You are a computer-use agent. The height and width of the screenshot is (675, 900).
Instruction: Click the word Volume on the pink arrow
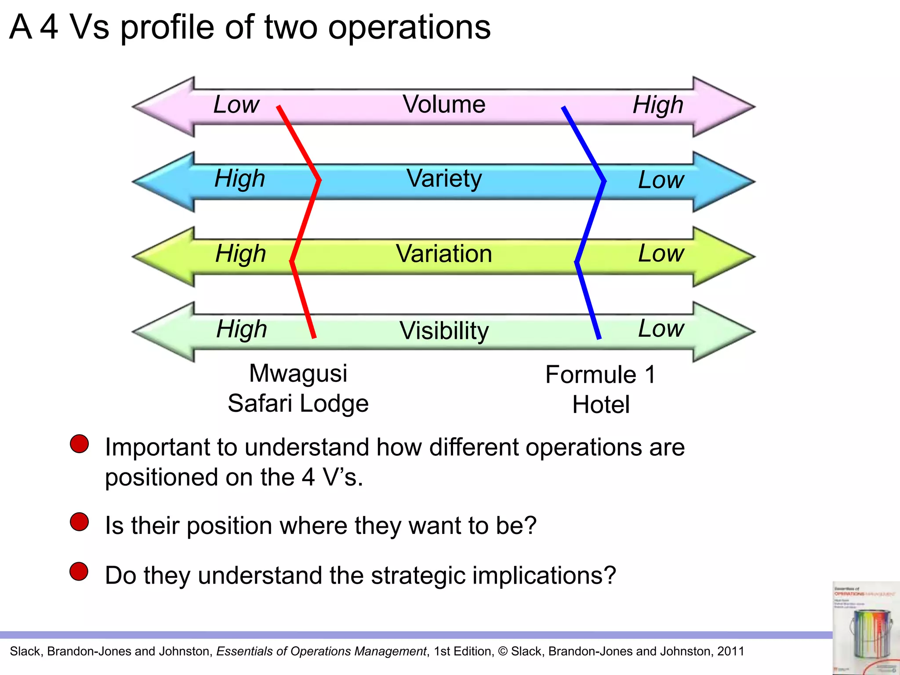click(444, 105)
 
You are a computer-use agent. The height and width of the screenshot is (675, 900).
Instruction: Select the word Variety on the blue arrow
click(444, 179)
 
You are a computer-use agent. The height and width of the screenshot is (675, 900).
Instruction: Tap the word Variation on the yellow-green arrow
click(444, 254)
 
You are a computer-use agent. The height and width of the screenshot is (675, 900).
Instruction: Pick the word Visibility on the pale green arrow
click(444, 330)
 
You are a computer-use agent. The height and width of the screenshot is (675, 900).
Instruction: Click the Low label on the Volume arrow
click(236, 105)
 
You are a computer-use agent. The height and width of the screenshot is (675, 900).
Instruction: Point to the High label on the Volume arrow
click(658, 105)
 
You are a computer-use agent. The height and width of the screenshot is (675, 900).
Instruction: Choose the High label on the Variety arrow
click(240, 179)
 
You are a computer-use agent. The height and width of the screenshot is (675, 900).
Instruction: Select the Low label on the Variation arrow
click(661, 254)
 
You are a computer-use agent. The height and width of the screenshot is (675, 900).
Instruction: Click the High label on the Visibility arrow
click(242, 329)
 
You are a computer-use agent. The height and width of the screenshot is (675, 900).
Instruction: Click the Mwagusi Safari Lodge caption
click(298, 388)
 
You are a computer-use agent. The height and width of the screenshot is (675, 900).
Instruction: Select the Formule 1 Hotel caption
click(601, 390)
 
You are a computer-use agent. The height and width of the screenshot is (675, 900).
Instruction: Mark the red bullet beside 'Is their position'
click(80, 522)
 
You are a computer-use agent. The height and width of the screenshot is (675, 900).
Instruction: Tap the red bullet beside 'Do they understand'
click(79, 571)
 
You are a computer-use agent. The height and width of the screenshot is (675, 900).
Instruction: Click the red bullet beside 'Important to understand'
click(80, 444)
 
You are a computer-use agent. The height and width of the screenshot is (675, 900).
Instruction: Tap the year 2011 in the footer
click(731, 651)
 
